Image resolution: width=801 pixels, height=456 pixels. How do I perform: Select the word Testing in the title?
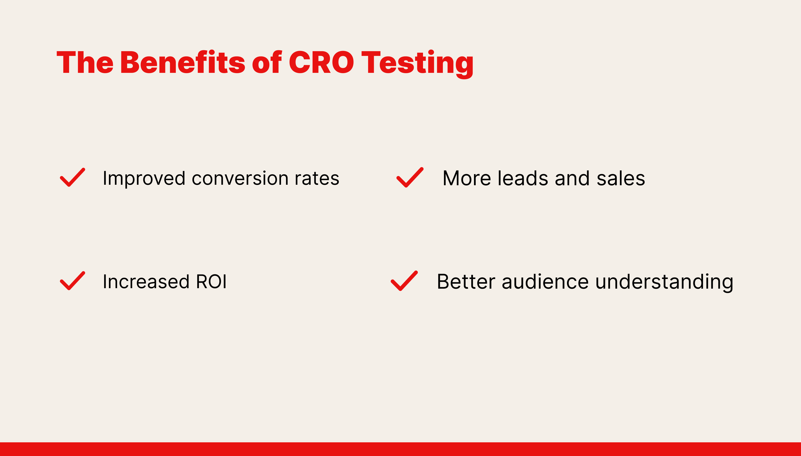click(417, 64)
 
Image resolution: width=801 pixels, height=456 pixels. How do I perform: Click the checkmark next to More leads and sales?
click(410, 178)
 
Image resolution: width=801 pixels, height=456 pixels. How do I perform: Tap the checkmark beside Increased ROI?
click(72, 281)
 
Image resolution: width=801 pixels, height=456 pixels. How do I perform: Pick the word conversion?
click(240, 179)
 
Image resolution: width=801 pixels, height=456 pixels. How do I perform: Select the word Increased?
click(146, 281)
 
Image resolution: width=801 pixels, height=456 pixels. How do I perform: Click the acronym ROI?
click(211, 281)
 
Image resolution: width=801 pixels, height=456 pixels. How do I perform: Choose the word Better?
click(466, 281)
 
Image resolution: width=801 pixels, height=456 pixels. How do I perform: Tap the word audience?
click(545, 281)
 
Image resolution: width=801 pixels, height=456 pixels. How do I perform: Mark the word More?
click(467, 178)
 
